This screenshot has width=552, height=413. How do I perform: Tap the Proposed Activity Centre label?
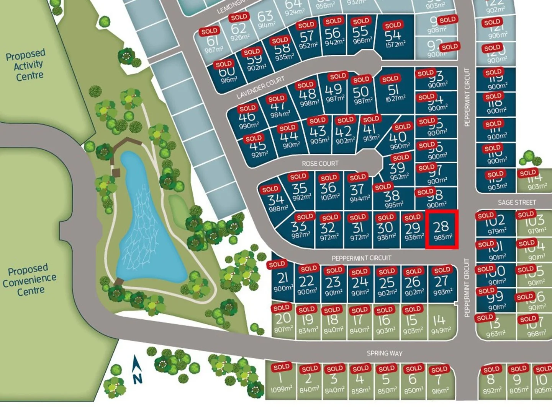point(26,65)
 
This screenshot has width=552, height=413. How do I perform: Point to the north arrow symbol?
point(137,369)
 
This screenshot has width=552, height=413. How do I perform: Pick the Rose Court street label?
point(320,164)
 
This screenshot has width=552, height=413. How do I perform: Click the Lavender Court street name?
point(260,87)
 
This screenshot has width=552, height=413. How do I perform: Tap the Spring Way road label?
point(384,353)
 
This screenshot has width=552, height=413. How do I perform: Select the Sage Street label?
point(516,202)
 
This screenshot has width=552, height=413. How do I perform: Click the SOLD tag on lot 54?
point(393,26)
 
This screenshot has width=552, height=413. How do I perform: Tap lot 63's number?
point(265,16)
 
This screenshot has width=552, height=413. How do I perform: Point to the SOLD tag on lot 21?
point(277,264)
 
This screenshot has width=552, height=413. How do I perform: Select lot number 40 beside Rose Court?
point(398,137)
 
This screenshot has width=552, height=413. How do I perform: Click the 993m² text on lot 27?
point(442,292)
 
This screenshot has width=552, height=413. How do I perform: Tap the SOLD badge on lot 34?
point(270,189)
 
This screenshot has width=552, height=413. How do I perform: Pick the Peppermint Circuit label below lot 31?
point(361,258)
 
